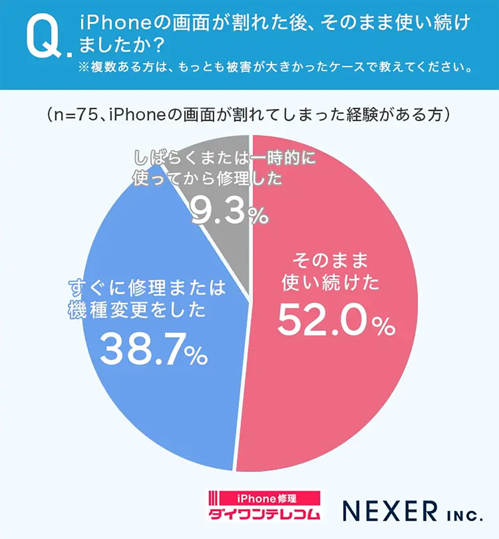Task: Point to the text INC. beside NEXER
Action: (464, 516)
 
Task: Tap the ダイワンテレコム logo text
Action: (264, 513)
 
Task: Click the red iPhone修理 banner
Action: (267, 498)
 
